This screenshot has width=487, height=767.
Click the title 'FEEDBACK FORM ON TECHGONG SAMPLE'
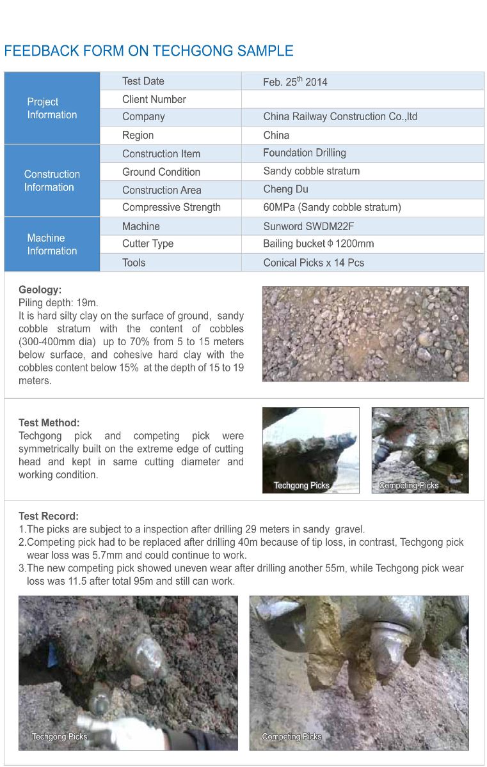click(x=149, y=51)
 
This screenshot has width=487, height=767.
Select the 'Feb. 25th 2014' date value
click(x=295, y=82)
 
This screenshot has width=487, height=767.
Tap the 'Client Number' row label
click(x=154, y=99)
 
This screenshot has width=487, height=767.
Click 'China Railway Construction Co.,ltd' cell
click(x=340, y=117)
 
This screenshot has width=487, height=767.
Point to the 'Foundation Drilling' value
click(x=305, y=153)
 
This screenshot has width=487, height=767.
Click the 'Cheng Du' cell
click(x=285, y=189)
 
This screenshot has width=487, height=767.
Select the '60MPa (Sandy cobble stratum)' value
click(x=332, y=207)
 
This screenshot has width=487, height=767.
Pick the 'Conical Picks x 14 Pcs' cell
click(x=314, y=262)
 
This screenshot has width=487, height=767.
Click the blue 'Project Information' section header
click(x=52, y=108)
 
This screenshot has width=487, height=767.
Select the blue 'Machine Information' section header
click(x=52, y=244)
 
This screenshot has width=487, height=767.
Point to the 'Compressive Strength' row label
click(x=172, y=207)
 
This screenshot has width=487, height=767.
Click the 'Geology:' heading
click(x=40, y=290)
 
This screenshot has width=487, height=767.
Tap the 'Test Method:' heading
click(x=49, y=422)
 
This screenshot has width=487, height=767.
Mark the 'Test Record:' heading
click(x=49, y=516)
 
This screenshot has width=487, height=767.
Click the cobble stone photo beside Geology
click(x=365, y=334)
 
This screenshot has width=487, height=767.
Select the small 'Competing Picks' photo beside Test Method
click(x=420, y=450)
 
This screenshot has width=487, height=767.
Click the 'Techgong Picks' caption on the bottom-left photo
click(x=60, y=736)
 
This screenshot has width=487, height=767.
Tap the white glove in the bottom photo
click(x=138, y=729)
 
